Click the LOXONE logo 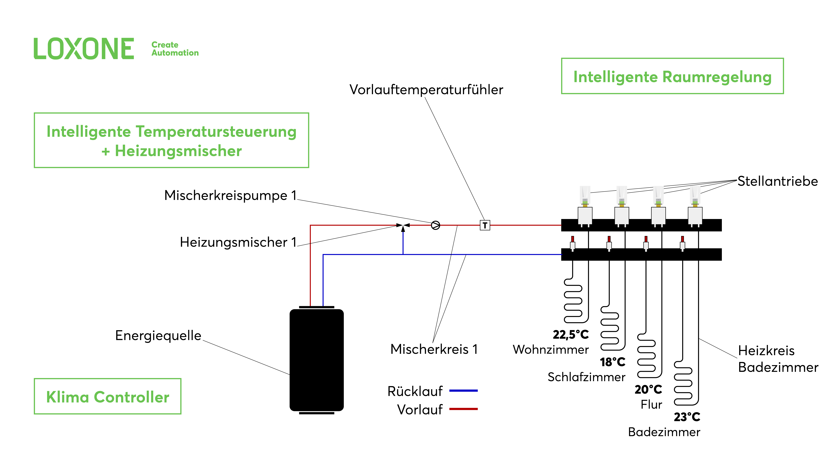tap(84, 49)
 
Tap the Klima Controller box tap(107, 396)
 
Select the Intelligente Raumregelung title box tap(672, 76)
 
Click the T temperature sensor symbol tap(485, 225)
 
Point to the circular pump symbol tap(435, 225)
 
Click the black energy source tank tap(317, 360)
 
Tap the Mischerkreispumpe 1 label tap(230, 195)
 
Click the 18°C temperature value tap(613, 362)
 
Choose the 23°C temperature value tap(687, 417)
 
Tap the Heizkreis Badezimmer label tap(778, 359)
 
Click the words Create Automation tap(175, 49)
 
